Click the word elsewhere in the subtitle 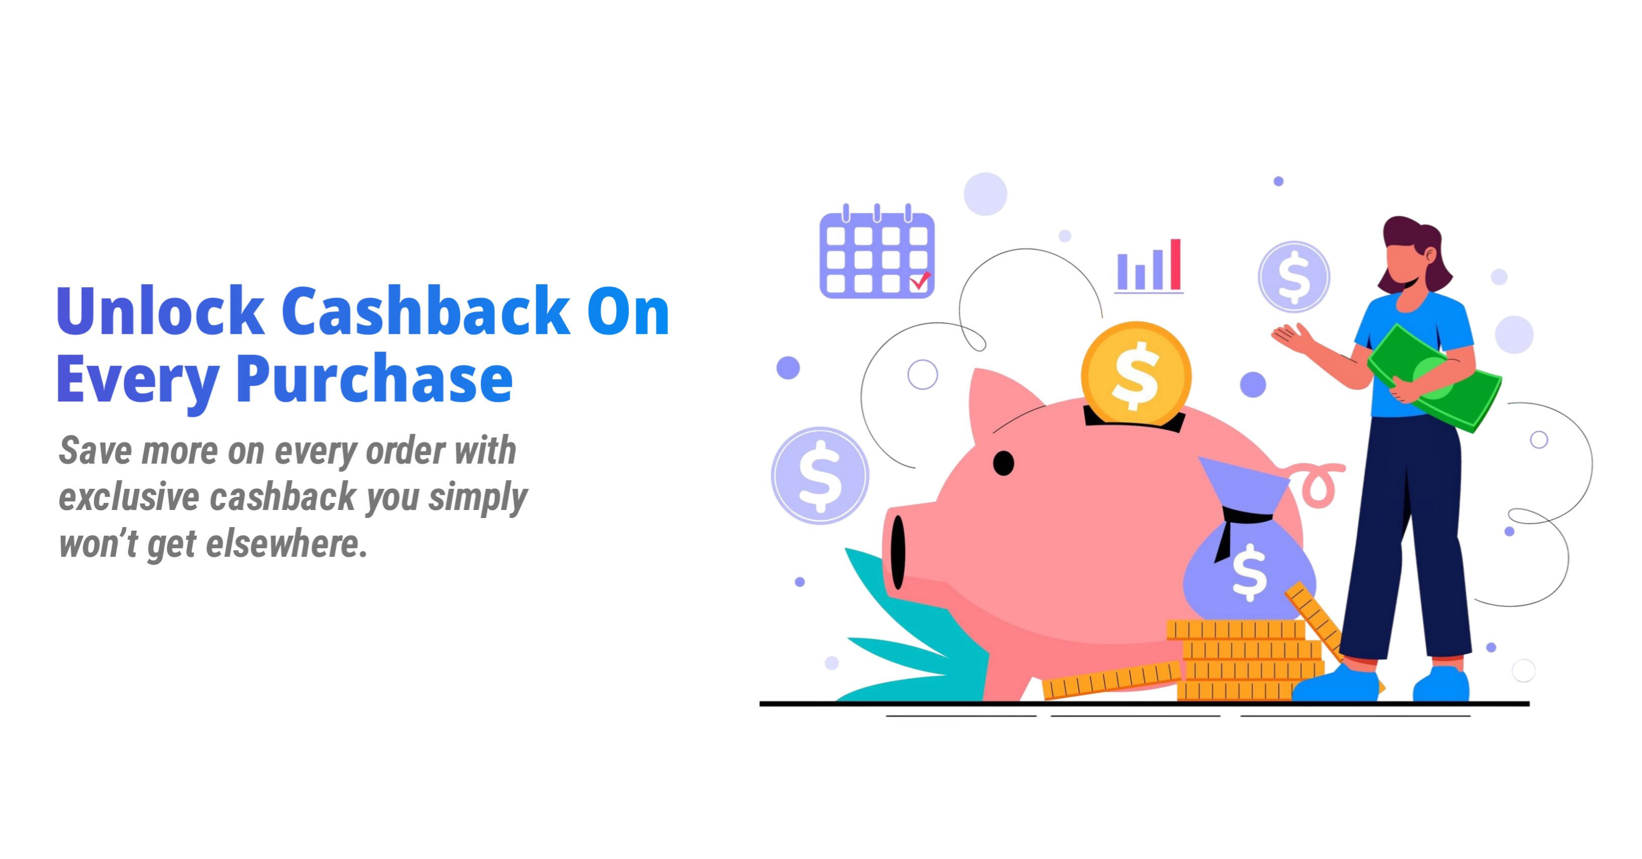click(286, 544)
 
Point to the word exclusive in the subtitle click(129, 496)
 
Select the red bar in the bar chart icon click(1175, 265)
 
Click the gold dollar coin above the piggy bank click(1136, 375)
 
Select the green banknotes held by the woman click(1434, 377)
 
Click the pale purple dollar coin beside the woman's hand click(1294, 277)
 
